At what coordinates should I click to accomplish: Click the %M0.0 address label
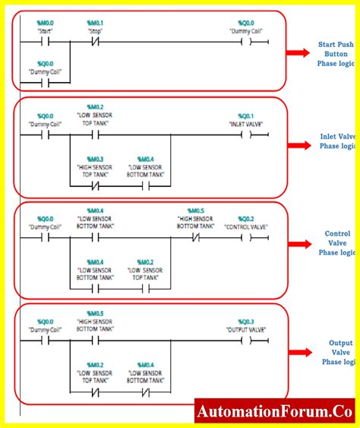46,24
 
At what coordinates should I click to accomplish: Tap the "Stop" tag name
95,32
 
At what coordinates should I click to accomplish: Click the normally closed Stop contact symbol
95,43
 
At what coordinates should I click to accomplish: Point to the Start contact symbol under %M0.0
46,43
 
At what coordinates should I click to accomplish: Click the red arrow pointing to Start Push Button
298,53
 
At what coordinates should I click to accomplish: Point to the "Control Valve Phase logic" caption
337,243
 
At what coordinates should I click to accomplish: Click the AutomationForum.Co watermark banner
274,412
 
